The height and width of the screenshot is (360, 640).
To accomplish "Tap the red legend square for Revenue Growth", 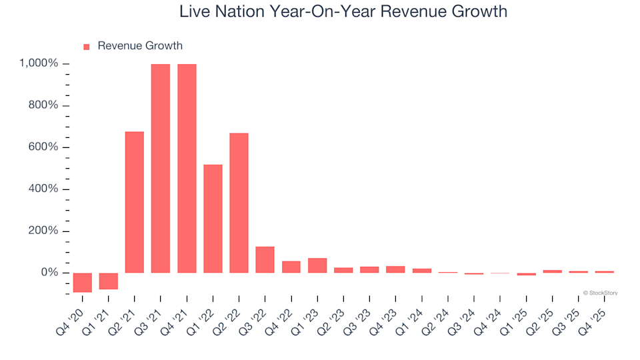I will tap(86, 47).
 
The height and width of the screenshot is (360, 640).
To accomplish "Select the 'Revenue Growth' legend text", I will tap(139, 46).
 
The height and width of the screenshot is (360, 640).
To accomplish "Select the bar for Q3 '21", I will tap(161, 168).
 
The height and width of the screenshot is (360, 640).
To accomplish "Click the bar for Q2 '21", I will tap(135, 202).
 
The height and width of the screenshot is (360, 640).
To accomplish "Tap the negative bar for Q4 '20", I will tap(83, 283).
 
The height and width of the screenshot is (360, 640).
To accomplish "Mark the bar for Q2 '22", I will tap(239, 203).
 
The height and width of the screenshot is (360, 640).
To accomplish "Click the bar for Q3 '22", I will tap(265, 260).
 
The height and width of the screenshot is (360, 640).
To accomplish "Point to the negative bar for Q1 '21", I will tap(109, 281).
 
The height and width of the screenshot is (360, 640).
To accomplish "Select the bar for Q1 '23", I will tap(317, 265).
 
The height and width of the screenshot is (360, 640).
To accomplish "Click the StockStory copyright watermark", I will tap(600, 293).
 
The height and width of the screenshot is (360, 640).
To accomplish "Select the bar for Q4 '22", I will tap(291, 267).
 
